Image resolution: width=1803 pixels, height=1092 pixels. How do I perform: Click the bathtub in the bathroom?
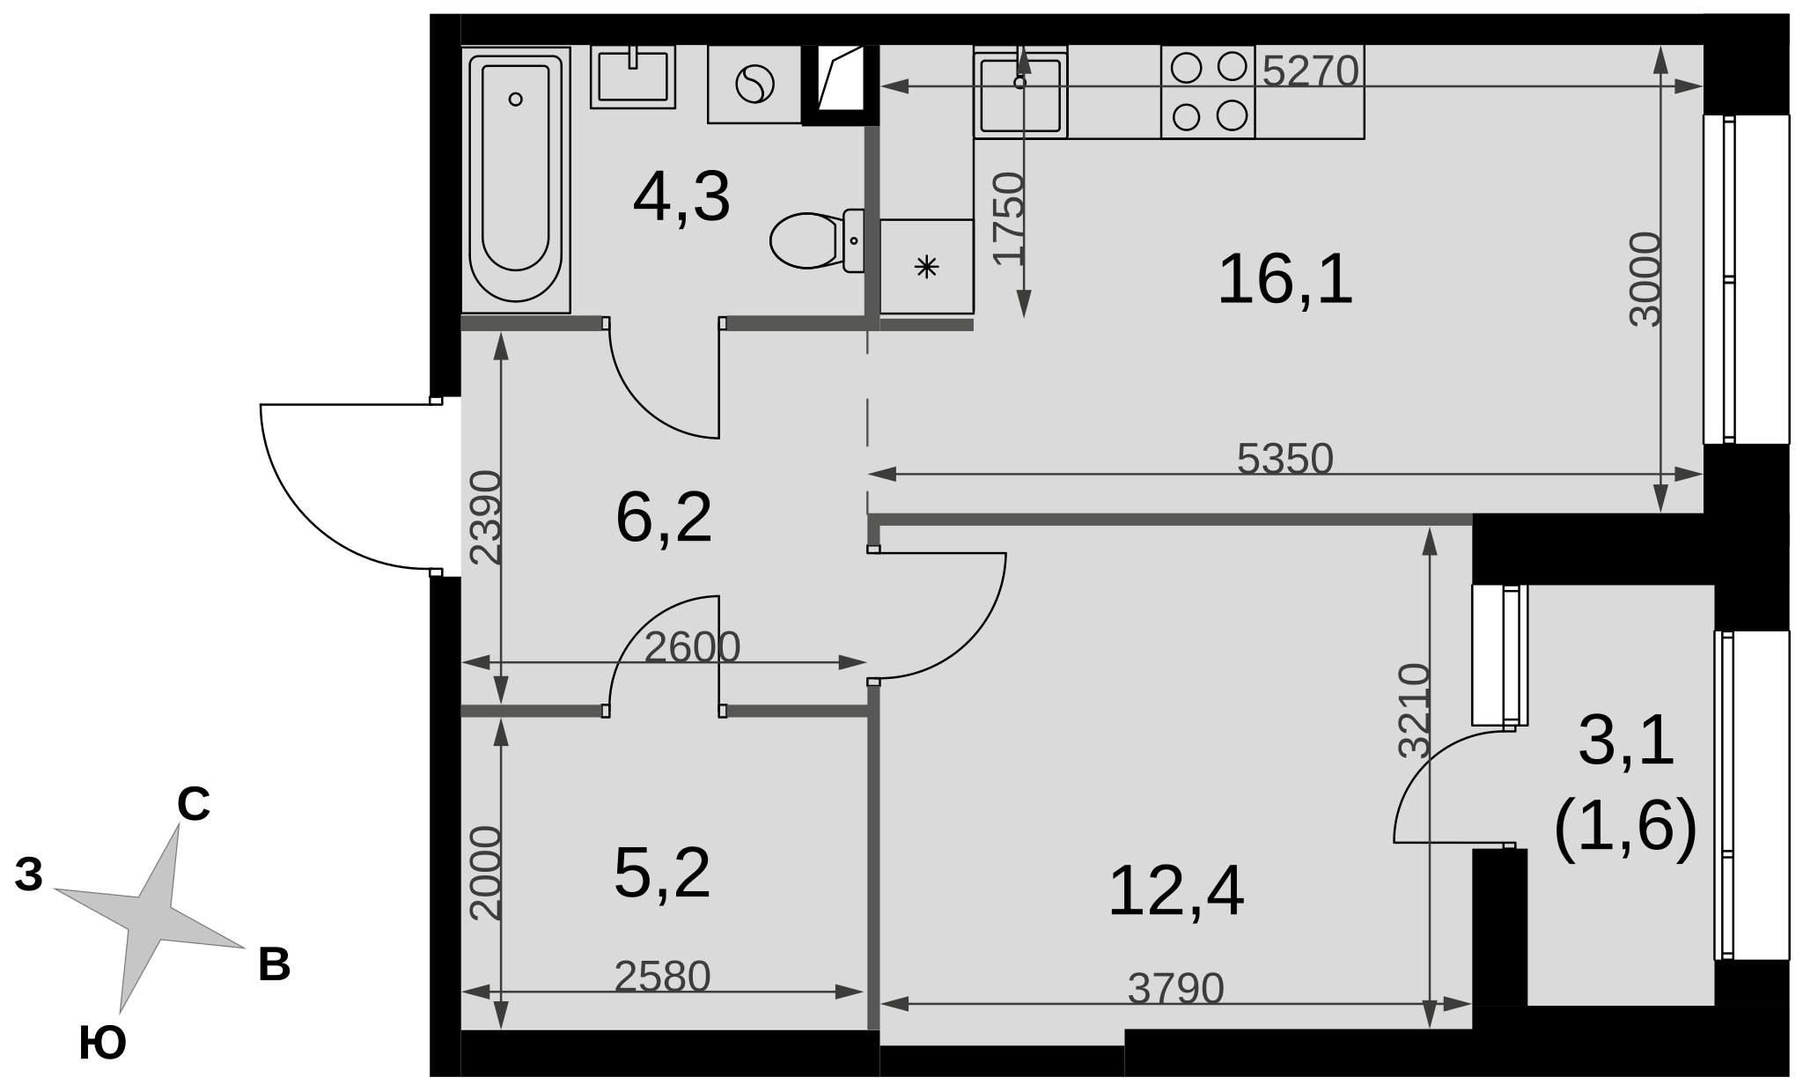(x=516, y=180)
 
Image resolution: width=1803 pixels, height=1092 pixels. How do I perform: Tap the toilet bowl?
(x=817, y=240)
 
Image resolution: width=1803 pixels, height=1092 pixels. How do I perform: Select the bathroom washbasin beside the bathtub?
(x=632, y=77)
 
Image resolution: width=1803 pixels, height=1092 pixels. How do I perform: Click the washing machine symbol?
(x=754, y=85)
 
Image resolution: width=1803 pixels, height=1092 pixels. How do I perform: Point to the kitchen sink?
(x=1020, y=92)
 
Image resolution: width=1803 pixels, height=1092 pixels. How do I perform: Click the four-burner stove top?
(x=1208, y=92)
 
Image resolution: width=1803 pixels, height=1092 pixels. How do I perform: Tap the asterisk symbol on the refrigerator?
(x=926, y=266)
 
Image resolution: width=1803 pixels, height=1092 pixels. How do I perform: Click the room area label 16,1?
(x=1284, y=279)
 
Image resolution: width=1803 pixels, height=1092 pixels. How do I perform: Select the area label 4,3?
(x=681, y=199)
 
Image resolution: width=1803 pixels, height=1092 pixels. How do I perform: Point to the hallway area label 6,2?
(x=664, y=518)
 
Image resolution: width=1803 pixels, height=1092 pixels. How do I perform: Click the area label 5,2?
(x=662, y=874)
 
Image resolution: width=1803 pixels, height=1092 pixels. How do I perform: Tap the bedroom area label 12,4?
(x=1175, y=892)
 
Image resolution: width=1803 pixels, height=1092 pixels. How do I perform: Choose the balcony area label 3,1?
(x=1626, y=742)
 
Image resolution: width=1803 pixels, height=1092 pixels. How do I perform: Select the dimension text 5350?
(x=1285, y=459)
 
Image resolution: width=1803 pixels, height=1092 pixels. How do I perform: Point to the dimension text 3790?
(x=1176, y=989)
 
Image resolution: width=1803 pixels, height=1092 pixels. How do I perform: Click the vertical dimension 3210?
(x=1415, y=711)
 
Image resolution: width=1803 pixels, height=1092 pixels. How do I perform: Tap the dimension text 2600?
(x=692, y=648)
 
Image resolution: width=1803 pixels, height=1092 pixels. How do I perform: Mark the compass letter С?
(x=194, y=804)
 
